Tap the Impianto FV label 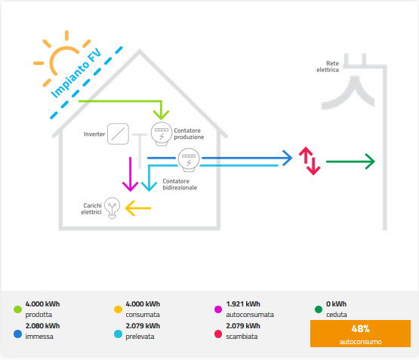tap(76, 73)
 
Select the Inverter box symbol tap(118, 134)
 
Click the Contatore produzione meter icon tap(162, 134)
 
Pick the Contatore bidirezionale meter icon tap(189, 160)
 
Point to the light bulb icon tap(112, 208)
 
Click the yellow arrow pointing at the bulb tap(138, 208)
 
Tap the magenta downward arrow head tap(130, 186)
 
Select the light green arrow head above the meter tap(161, 115)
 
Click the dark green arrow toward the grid tap(350, 162)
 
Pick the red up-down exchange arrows tap(310, 161)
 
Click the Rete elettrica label tap(328, 66)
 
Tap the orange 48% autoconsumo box tap(360, 334)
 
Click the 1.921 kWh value tap(243, 304)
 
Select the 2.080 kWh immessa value tap(42, 326)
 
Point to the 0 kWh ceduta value tap(336, 304)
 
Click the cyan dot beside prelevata tap(118, 334)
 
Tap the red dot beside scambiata tap(218, 334)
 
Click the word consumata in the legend tap(143, 315)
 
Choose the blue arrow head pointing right tap(288, 158)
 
